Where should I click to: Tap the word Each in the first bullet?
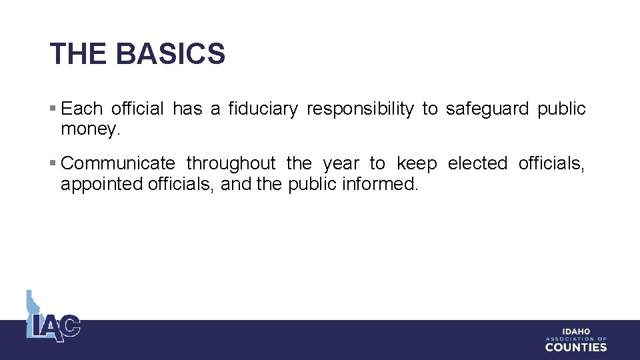click(81, 109)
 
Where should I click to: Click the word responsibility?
click(360, 109)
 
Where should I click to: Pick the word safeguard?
click(477, 109)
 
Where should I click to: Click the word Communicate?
click(118, 163)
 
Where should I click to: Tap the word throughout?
click(231, 163)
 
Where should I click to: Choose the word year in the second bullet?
click(340, 164)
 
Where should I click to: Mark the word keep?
click(417, 163)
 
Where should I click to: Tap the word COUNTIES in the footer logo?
click(576, 347)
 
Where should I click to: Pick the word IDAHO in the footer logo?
click(576, 331)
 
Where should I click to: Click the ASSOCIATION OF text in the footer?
click(576, 339)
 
